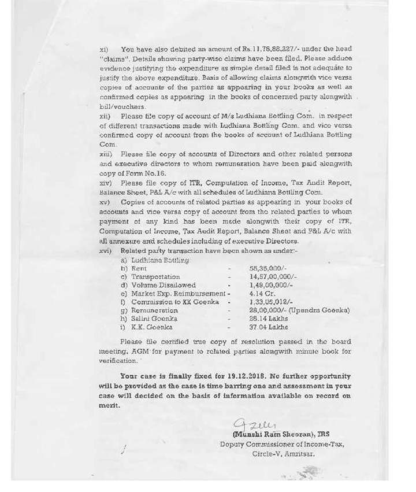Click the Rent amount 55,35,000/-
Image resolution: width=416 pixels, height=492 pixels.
pyautogui.click(x=266, y=269)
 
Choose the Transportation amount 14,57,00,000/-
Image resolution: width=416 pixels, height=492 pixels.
pyautogui.click(x=272, y=277)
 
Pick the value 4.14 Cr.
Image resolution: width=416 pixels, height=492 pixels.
pyautogui.click(x=259, y=294)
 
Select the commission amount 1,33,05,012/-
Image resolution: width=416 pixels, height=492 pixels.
pyautogui.click(x=269, y=302)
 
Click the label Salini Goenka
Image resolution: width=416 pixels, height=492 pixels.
pyautogui.click(x=154, y=319)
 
